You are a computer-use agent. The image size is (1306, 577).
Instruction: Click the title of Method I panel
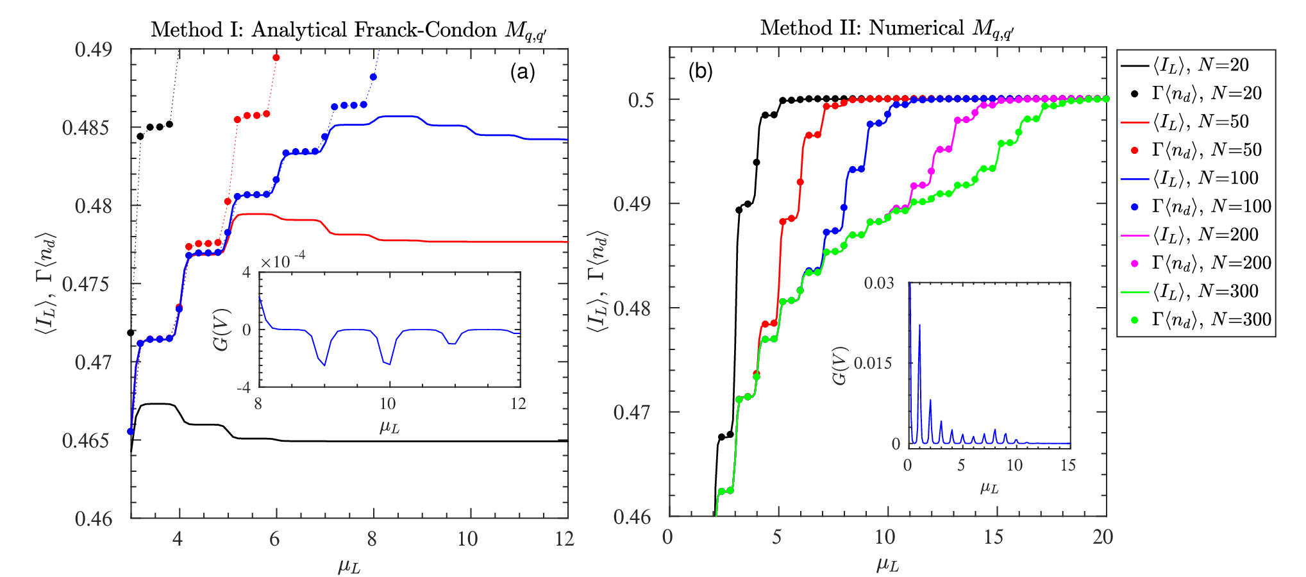coord(349,30)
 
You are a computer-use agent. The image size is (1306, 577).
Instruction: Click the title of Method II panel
coord(887,28)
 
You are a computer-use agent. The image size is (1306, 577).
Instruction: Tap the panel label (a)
coord(523,72)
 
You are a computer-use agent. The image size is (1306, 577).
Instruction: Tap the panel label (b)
coord(700,71)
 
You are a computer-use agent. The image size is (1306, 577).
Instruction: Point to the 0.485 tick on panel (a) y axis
coord(87,128)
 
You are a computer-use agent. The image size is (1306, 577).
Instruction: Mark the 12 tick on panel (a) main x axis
coord(564,539)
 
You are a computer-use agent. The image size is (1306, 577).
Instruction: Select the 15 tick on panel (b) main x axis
coord(993,537)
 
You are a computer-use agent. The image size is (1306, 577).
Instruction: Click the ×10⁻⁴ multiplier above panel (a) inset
coord(283,260)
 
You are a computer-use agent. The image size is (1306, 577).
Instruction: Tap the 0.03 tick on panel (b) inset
coord(878,283)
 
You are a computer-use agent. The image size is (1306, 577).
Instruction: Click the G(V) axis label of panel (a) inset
coord(221,330)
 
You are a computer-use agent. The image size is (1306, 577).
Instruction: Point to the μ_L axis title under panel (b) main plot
coord(887,564)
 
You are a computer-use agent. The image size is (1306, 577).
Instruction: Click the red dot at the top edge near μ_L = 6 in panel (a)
coord(276,58)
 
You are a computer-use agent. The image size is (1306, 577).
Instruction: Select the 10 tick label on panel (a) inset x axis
coord(388,404)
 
